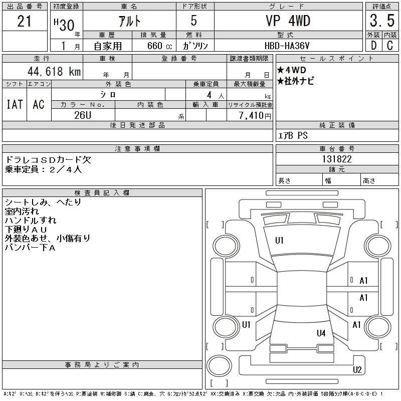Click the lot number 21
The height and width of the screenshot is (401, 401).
pyautogui.click(x=24, y=21)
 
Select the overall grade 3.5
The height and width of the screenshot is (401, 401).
pyautogui.click(x=382, y=21)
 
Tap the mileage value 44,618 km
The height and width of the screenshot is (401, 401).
pyautogui.click(x=54, y=71)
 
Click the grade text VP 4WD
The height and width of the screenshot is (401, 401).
pyautogui.click(x=288, y=21)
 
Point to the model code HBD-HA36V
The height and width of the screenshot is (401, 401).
pyautogui.click(x=287, y=46)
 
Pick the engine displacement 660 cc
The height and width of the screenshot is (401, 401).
pyautogui.click(x=159, y=46)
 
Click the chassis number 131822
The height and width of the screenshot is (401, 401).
pyautogui.click(x=337, y=159)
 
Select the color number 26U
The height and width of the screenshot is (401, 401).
pyautogui.click(x=83, y=115)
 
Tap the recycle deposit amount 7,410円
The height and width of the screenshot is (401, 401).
pyautogui.click(x=255, y=116)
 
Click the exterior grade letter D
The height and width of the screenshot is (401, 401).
pyautogui.click(x=373, y=46)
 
